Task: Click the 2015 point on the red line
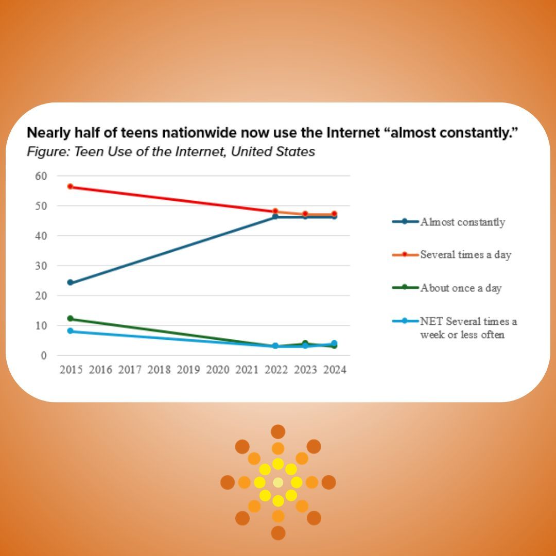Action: tap(71, 186)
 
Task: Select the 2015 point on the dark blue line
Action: tap(71, 283)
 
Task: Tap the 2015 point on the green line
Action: tap(71, 319)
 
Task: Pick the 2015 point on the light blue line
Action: tap(71, 331)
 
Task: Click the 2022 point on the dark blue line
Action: tap(275, 217)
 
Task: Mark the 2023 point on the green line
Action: tap(305, 343)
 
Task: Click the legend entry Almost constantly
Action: tap(462, 222)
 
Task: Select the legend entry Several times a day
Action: tap(465, 255)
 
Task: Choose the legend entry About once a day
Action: tap(460, 288)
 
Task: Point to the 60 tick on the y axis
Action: tap(41, 176)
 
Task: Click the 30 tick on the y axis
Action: tap(41, 266)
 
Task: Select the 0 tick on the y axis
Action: tap(44, 355)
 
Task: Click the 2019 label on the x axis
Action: tap(188, 370)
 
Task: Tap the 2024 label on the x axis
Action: tap(335, 370)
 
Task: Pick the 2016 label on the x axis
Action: tap(100, 370)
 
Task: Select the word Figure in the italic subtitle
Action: tap(44, 152)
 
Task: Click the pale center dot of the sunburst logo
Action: tap(278, 482)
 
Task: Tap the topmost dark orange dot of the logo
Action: tap(278, 431)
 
